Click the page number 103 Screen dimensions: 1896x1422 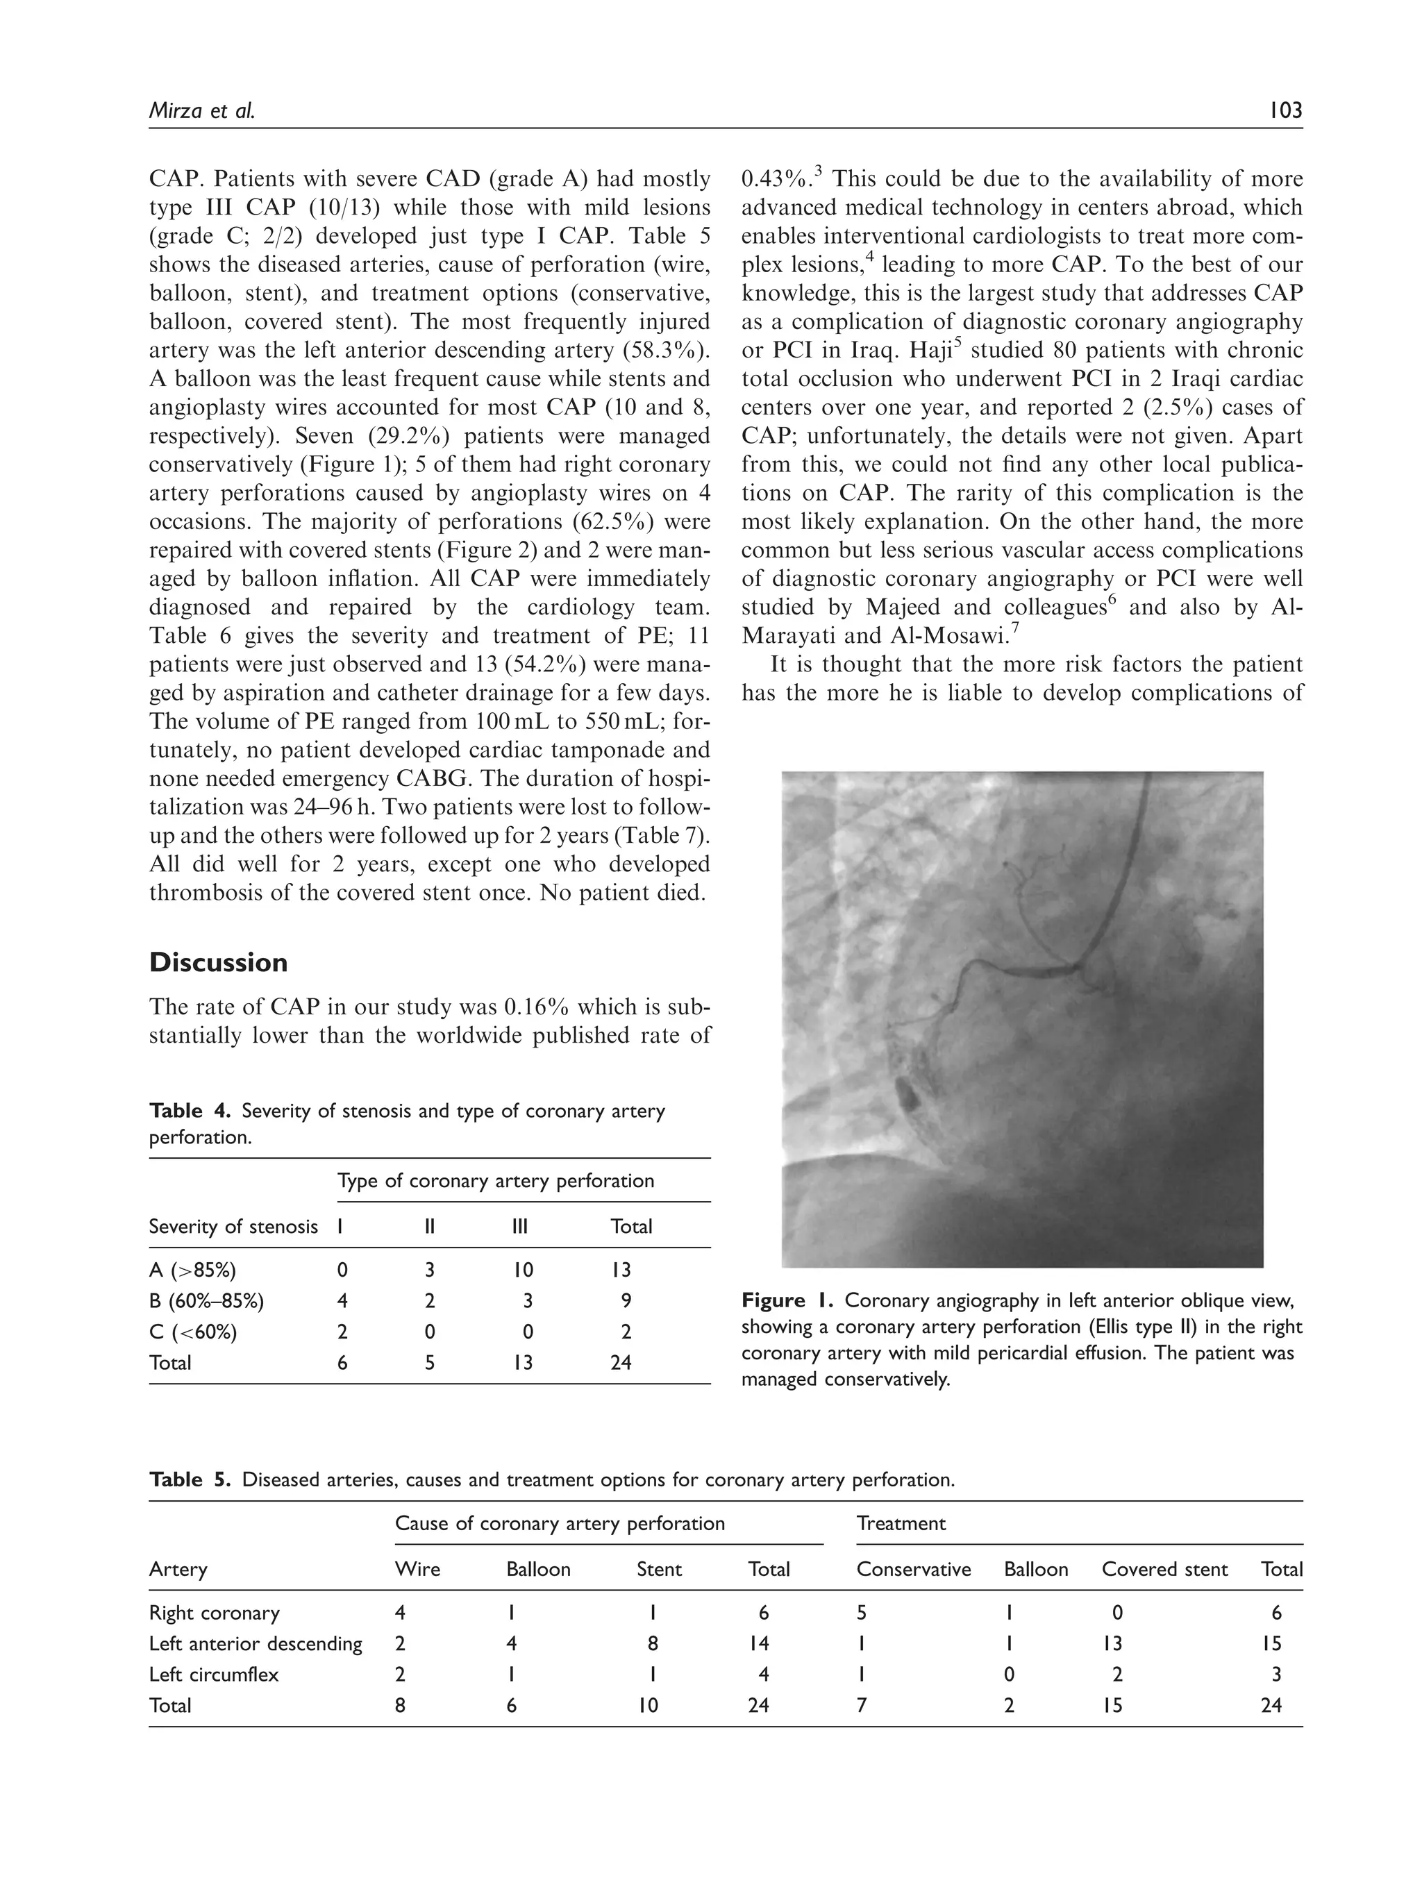(1282, 110)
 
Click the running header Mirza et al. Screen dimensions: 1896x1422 (202, 110)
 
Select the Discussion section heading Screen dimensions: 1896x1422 (218, 962)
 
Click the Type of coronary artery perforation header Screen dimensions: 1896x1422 (496, 1180)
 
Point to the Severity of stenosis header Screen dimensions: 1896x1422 (233, 1227)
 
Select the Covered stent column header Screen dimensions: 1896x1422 (1164, 1570)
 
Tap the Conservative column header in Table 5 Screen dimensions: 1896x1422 (913, 1570)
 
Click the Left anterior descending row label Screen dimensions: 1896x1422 (256, 1643)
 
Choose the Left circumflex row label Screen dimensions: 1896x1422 (213, 1674)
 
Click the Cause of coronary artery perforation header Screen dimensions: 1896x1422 (559, 1523)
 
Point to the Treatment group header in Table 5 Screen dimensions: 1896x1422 (900, 1523)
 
